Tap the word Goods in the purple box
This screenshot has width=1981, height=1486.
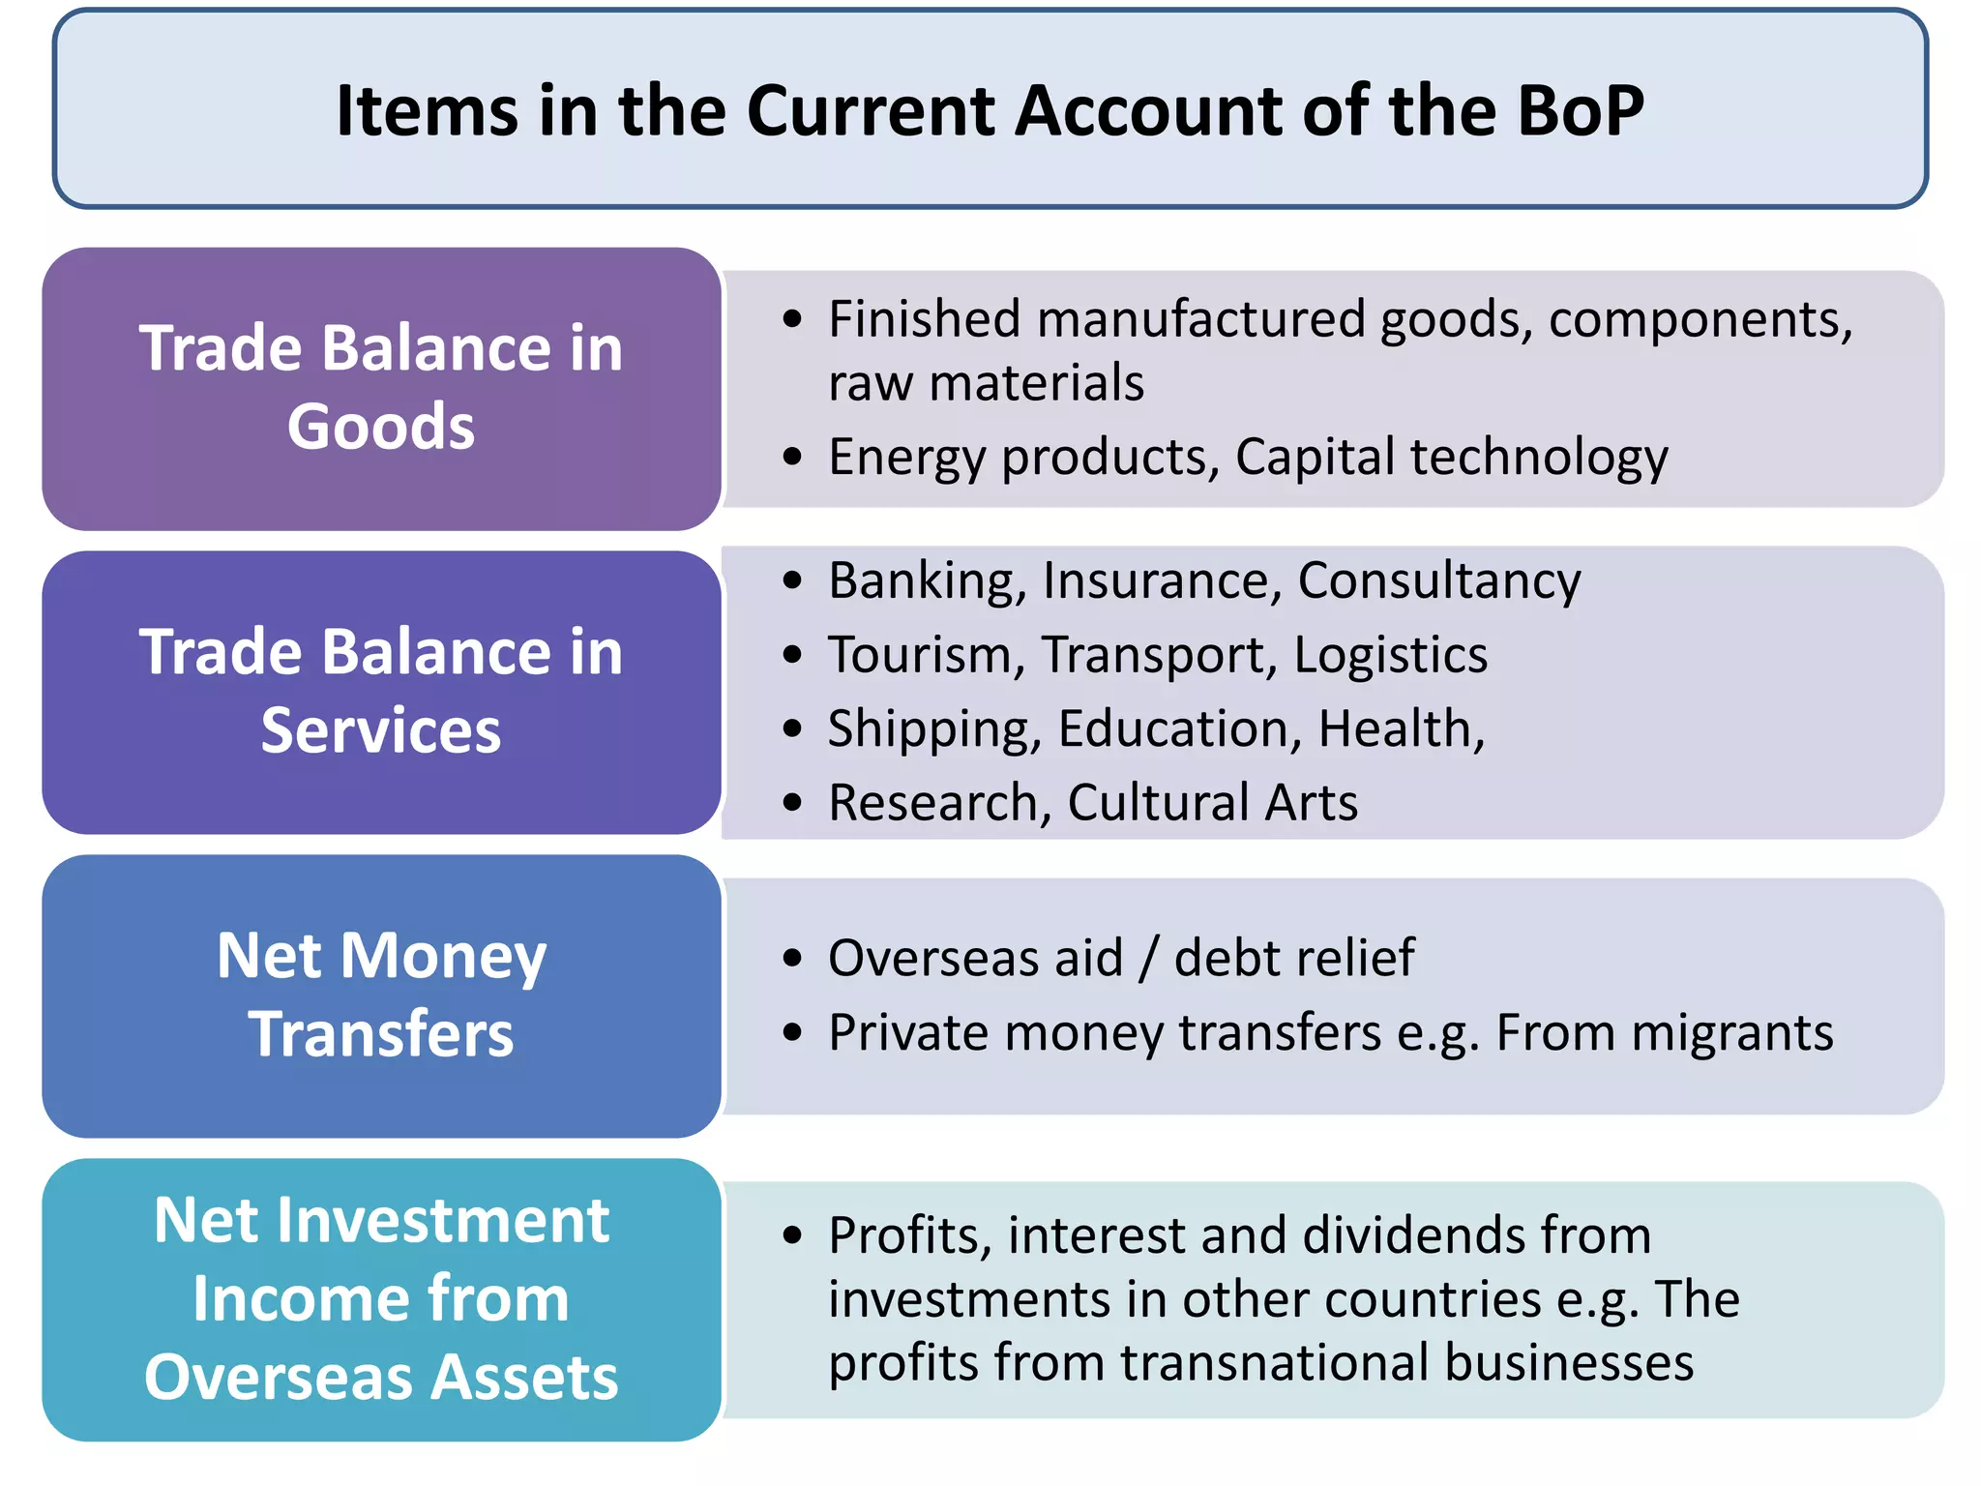coord(381,427)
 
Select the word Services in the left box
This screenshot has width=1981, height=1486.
coord(381,730)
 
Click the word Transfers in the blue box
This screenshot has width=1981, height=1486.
coord(381,1034)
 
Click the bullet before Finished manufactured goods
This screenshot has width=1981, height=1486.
coord(793,319)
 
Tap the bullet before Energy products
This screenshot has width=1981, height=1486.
coord(793,457)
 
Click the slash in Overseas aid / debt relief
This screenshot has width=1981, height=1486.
coord(1149,958)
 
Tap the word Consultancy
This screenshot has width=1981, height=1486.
coord(1438,581)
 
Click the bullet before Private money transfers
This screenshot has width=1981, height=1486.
coord(793,1033)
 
